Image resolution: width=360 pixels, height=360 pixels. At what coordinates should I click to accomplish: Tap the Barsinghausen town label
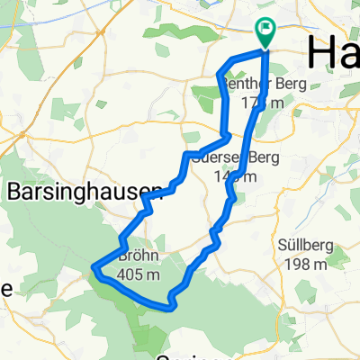82,190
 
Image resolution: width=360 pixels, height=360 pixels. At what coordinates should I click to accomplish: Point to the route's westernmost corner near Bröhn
94,265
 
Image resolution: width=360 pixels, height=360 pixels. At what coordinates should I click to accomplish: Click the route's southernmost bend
169,308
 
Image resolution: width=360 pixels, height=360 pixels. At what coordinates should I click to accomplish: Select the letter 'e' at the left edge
4,289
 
